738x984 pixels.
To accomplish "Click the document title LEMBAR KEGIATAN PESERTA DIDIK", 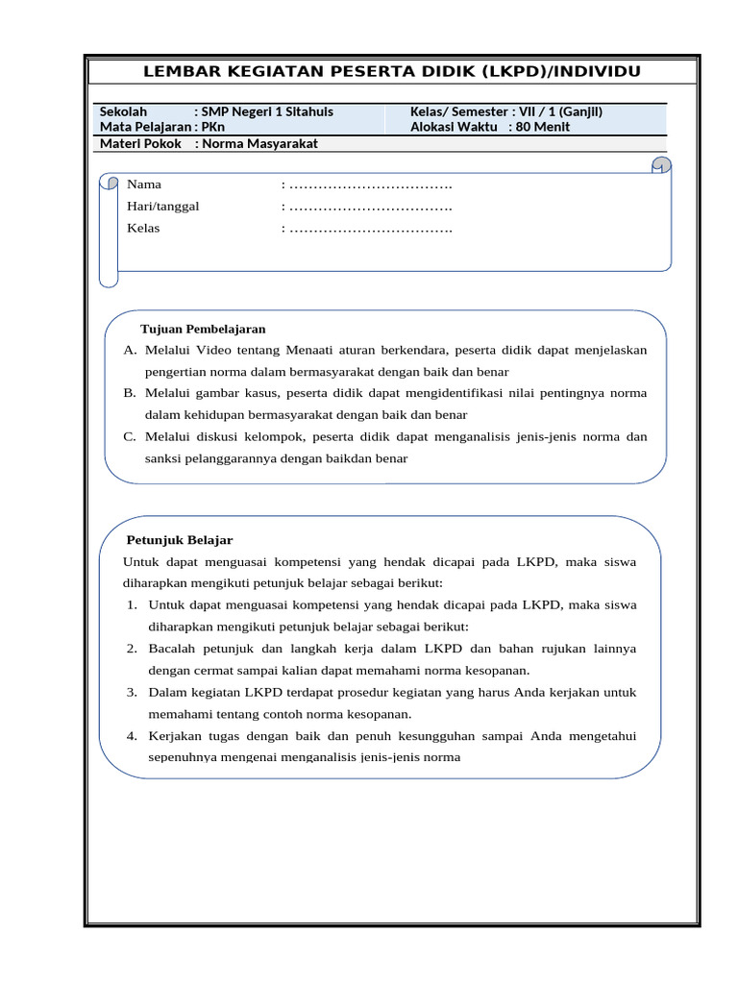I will (x=391, y=72).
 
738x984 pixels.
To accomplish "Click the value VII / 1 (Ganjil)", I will (x=561, y=111).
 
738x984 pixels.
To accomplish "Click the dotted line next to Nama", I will (x=370, y=184).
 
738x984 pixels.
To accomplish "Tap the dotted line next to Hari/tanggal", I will (x=370, y=206).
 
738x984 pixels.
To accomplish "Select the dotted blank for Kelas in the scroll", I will (x=370, y=228).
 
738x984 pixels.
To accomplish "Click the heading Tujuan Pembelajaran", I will (x=203, y=329).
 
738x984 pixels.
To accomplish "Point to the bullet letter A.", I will (x=130, y=350).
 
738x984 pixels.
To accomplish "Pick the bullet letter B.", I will (x=130, y=393).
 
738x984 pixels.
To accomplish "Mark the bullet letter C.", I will (x=130, y=436).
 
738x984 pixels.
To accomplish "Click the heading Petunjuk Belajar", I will (x=180, y=540).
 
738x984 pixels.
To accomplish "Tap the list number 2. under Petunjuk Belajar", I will (x=132, y=649).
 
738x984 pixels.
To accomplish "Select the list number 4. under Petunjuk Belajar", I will (x=132, y=735).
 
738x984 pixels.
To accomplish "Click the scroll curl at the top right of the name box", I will (x=660, y=166).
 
